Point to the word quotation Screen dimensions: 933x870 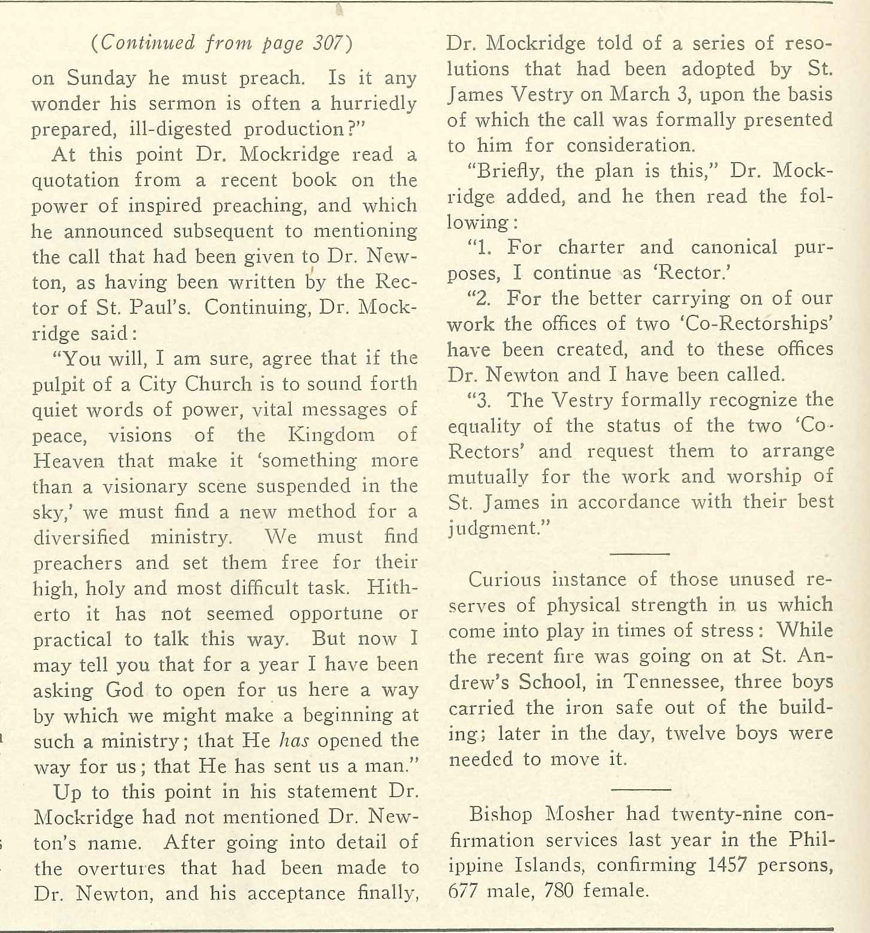click(x=75, y=181)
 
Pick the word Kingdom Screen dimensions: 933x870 click(x=331, y=435)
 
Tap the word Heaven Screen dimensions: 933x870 click(x=69, y=461)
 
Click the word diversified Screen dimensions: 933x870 click(x=81, y=537)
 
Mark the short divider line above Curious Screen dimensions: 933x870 click(x=641, y=553)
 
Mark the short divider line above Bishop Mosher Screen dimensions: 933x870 click(x=641, y=789)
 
